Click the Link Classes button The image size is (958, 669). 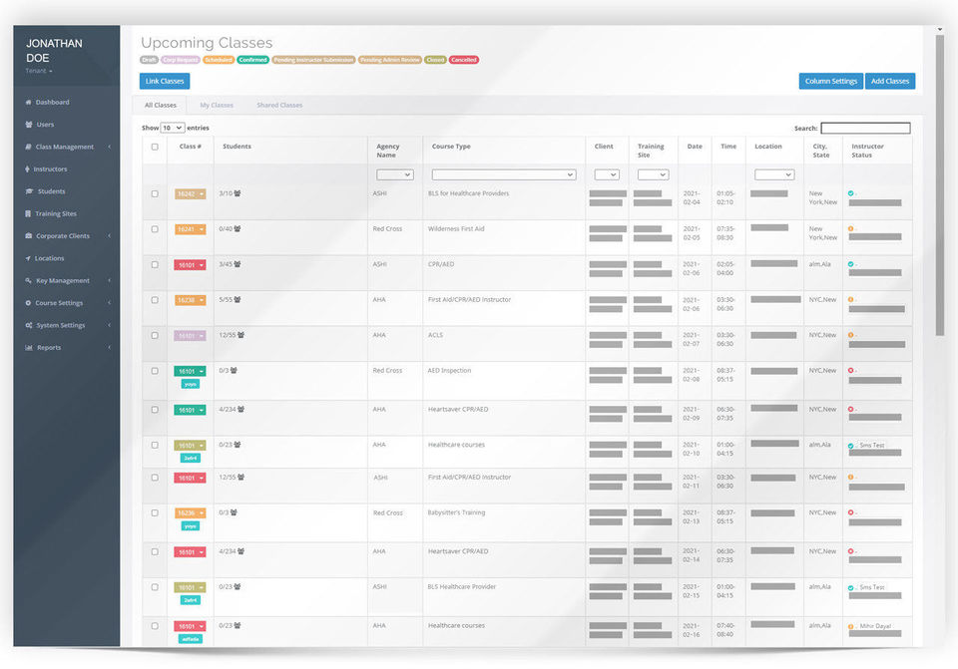pos(165,81)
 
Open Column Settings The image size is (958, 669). pos(830,81)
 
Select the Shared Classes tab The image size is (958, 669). pos(279,105)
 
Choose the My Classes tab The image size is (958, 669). pos(217,105)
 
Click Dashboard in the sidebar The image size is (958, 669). pos(52,102)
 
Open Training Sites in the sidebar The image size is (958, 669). pos(56,213)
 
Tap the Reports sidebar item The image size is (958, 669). pos(48,347)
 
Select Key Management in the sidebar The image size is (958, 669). pos(62,280)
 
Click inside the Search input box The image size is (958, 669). pos(865,128)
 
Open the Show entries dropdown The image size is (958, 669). pos(173,128)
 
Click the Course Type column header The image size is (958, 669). pos(451,147)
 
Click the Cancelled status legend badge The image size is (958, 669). pos(463,60)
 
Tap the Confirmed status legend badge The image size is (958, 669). pos(252,60)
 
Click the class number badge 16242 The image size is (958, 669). pos(190,193)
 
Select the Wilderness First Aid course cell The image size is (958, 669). pos(456,229)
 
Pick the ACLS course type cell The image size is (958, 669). pos(435,335)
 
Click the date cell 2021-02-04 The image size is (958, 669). pos(692,197)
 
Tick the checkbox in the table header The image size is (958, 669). pos(154,147)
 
